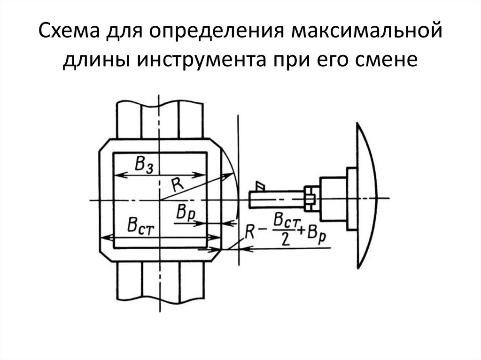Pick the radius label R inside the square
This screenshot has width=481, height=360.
(177, 184)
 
